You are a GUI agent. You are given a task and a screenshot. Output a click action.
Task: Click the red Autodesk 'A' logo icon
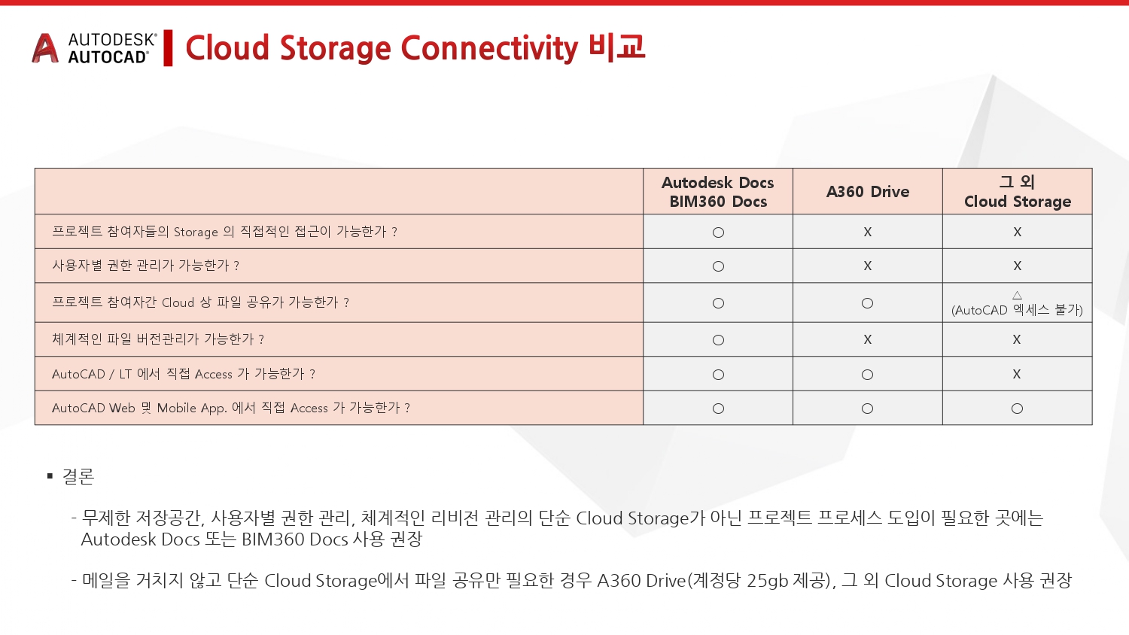click(45, 48)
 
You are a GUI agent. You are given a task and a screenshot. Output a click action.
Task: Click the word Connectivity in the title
click(489, 48)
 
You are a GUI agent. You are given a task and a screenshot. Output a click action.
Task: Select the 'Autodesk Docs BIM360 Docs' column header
click(718, 192)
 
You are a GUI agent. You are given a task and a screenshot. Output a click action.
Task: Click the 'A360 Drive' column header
click(867, 192)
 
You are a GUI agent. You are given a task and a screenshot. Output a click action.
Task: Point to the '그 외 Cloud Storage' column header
click(1017, 192)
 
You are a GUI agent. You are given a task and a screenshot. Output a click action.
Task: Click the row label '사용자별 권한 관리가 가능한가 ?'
click(146, 266)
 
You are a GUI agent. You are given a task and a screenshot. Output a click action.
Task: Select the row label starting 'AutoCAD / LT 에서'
click(184, 374)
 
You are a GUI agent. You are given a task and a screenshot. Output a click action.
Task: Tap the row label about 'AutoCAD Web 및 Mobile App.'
click(231, 408)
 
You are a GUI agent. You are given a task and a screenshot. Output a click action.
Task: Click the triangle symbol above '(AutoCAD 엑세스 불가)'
click(1017, 295)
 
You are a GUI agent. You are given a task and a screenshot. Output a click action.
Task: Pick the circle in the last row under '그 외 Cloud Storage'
click(1017, 409)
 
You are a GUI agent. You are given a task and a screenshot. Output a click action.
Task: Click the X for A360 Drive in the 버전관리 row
click(867, 339)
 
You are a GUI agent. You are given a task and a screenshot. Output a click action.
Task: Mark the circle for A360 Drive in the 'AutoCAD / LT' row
click(867, 375)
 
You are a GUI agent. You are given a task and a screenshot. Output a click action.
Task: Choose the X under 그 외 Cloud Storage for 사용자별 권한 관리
click(1017, 266)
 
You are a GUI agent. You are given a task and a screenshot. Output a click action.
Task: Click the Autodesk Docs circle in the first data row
click(718, 232)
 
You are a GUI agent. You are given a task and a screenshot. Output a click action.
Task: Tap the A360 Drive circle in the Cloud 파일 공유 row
click(867, 303)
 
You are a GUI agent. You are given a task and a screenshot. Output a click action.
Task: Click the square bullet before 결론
click(50, 475)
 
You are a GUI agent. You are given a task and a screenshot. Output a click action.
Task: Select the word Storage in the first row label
click(196, 232)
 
